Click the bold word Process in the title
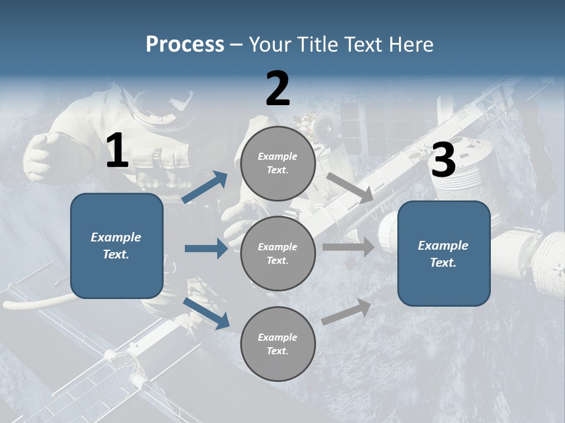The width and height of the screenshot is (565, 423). tap(185, 45)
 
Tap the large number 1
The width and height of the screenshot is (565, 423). tap(117, 152)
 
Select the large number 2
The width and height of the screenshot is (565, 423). tap(278, 89)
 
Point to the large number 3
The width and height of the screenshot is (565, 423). tap(443, 160)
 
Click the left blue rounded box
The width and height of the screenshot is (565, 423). tap(117, 246)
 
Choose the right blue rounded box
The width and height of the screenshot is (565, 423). tap(444, 253)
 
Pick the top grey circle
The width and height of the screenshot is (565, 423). tap(278, 163)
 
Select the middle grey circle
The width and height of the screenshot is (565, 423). tap(278, 253)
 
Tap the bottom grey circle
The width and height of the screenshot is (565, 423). tap(278, 344)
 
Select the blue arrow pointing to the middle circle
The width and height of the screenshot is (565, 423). tap(206, 249)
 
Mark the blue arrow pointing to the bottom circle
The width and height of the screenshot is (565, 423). tap(207, 313)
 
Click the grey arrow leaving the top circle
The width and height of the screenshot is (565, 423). tap(350, 188)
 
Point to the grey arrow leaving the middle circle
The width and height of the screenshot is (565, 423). tap(348, 247)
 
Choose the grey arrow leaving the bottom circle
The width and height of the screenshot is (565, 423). tap(346, 312)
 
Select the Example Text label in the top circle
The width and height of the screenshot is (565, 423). tap(278, 163)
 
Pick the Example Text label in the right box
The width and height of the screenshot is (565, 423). tap(444, 254)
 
